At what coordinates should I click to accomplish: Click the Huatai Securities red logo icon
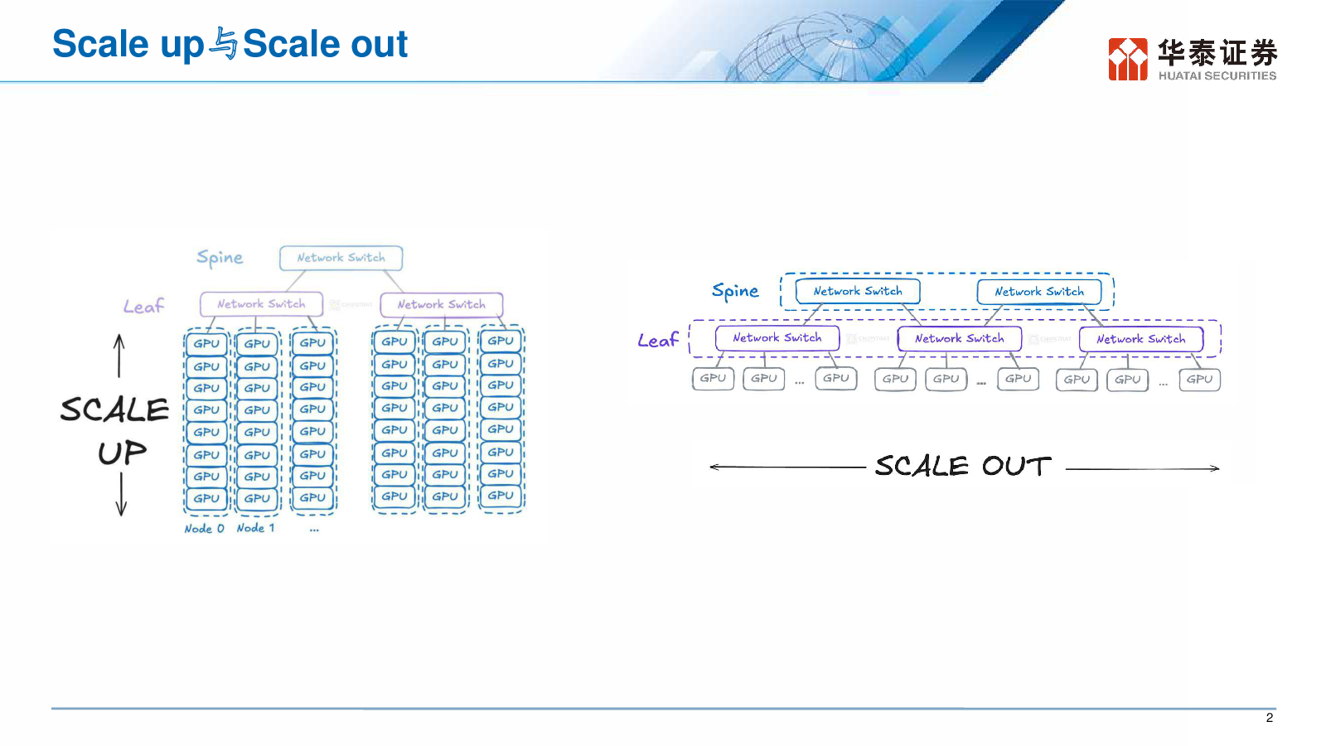click(1128, 59)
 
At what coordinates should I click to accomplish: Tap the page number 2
click(1269, 718)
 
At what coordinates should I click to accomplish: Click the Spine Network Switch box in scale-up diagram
click(341, 258)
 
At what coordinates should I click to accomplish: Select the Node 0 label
click(204, 528)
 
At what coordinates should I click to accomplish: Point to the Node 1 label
click(256, 527)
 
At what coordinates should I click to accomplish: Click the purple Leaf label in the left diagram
click(143, 306)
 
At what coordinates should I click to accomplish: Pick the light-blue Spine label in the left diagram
click(220, 258)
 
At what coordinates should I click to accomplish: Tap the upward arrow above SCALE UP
click(119, 356)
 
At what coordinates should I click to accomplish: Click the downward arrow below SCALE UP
click(121, 494)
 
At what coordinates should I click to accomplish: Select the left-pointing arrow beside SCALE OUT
click(788, 467)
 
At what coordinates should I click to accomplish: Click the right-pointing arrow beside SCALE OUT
click(1143, 468)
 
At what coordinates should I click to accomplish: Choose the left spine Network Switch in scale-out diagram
click(858, 291)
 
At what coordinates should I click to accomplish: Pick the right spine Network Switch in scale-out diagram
click(1039, 292)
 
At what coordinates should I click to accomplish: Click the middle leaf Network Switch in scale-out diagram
click(960, 339)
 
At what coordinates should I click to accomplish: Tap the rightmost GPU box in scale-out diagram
click(1200, 380)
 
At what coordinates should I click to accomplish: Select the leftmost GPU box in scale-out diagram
click(714, 378)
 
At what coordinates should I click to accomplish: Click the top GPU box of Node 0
click(206, 344)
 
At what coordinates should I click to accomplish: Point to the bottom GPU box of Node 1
click(257, 498)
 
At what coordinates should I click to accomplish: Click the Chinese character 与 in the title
click(224, 44)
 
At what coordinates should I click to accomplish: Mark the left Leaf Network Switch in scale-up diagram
click(262, 304)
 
